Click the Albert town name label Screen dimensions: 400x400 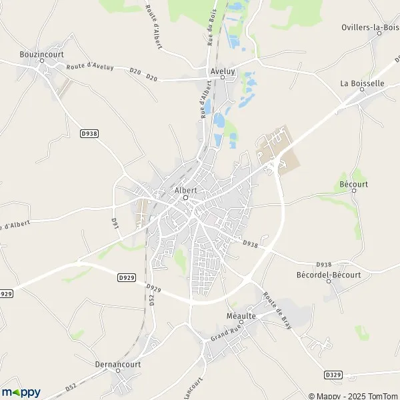coord(185,189)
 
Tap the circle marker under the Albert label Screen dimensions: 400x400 coord(185,197)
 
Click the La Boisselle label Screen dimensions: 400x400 coord(362,83)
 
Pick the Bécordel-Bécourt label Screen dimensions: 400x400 coord(328,274)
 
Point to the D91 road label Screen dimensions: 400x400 coord(114,223)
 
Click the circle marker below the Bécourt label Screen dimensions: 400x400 coord(353,192)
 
